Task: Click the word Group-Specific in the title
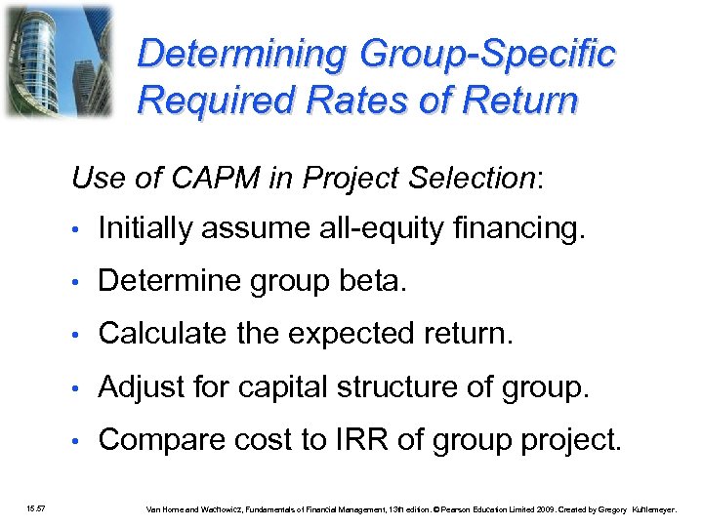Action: point(487,54)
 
